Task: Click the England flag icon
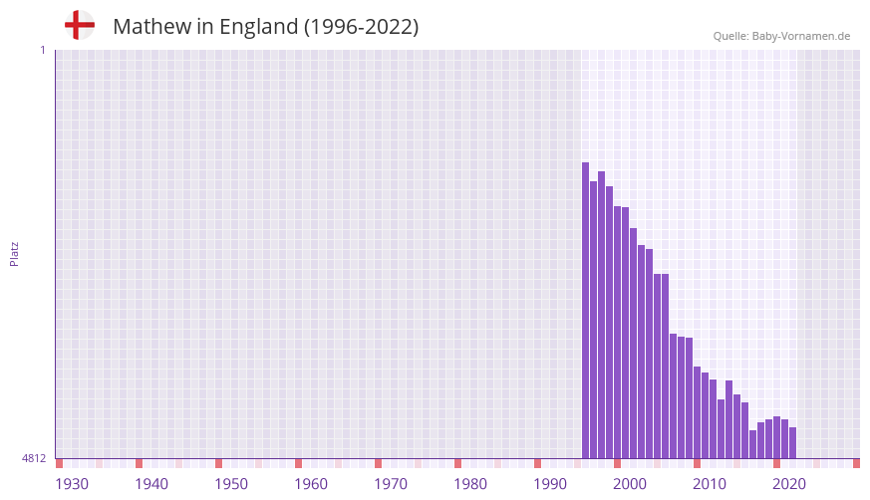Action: pos(79,25)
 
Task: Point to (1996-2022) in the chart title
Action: pos(361,27)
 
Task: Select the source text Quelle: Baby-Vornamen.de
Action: pos(781,36)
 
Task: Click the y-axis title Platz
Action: pos(14,253)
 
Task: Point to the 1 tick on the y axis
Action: pos(42,50)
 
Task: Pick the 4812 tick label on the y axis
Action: pos(34,458)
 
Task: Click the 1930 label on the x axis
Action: pos(72,484)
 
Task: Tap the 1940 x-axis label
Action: pos(151,484)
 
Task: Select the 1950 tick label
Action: pos(231,484)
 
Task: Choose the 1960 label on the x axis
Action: pos(311,484)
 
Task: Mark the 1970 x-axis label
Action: pos(391,484)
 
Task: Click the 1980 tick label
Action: pos(470,484)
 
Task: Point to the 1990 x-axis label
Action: pos(550,484)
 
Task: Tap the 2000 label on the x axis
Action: pos(630,484)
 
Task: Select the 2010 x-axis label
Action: pos(710,484)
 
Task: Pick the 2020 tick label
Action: pos(789,484)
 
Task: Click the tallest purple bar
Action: pos(586,310)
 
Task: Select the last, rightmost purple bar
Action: pos(793,443)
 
